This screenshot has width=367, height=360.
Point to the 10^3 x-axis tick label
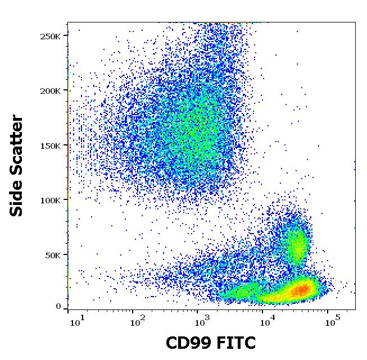202,322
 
